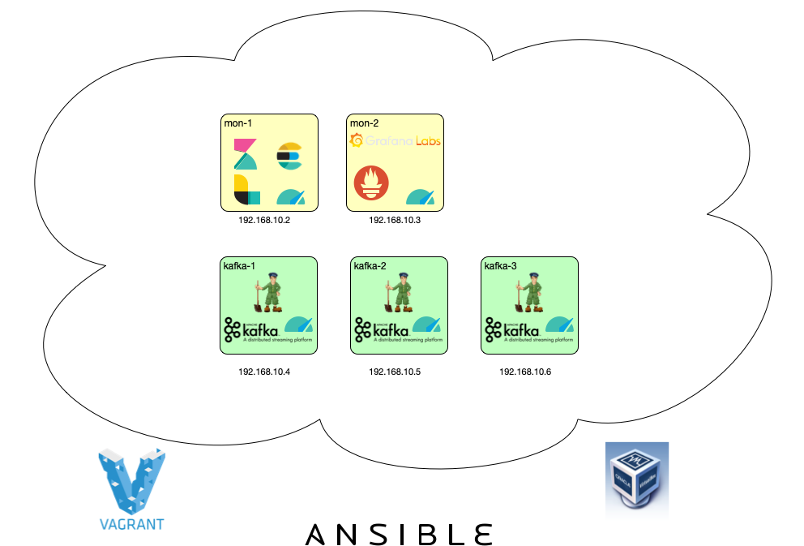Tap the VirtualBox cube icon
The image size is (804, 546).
coord(637,482)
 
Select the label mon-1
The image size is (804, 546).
coord(238,123)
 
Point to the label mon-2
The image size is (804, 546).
coord(364,123)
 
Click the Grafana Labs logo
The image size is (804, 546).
coord(395,141)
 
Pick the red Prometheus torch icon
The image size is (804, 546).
coord(370,184)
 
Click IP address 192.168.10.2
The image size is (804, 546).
coord(264,221)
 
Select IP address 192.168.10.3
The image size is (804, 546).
coord(395,221)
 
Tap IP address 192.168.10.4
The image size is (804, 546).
coord(264,372)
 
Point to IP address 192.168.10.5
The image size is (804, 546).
coord(395,372)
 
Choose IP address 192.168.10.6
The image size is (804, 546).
coord(525,372)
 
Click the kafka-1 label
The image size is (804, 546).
coord(239,266)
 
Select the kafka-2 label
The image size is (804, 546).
coord(370,266)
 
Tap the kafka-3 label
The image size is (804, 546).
coord(500,266)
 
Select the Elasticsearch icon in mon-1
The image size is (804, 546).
coord(289,155)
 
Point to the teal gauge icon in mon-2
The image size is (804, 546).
coord(421,196)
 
